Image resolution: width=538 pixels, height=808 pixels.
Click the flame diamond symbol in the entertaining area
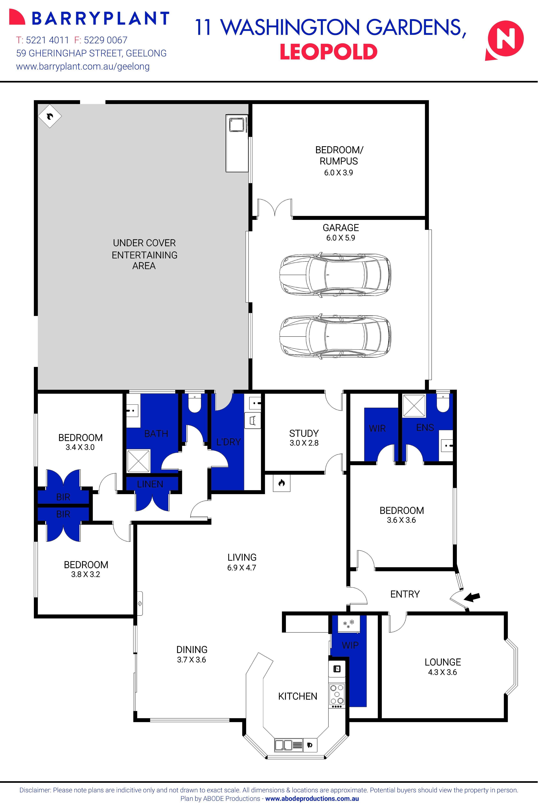coord(50,116)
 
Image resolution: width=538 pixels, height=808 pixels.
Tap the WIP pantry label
coord(350,645)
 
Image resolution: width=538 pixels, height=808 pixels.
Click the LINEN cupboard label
coord(150,484)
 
